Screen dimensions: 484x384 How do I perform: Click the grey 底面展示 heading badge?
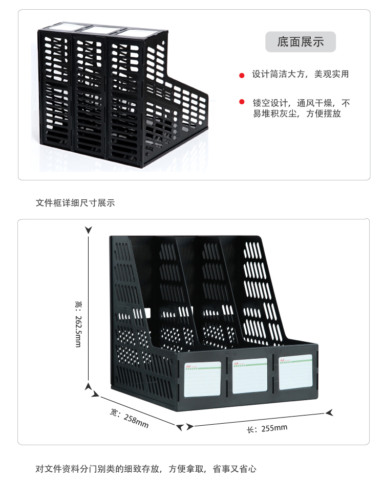301,42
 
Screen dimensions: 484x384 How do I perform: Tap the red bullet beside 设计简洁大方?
242,75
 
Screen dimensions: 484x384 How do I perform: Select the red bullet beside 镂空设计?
242,103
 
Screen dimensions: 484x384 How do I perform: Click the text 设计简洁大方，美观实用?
300,74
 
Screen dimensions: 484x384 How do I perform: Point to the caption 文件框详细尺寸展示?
75,203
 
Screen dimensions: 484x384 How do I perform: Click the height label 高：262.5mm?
78,324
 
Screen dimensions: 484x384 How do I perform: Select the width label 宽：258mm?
130,418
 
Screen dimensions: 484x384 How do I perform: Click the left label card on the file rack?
203,379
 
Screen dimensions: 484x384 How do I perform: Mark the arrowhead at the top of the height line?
89,231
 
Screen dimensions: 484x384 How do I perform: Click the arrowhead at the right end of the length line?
330,412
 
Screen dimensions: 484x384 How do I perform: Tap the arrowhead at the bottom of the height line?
89,387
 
